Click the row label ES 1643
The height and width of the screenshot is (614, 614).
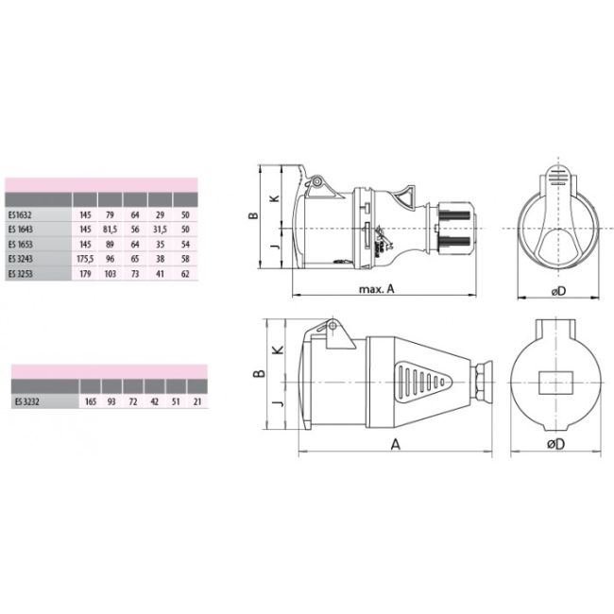(20, 230)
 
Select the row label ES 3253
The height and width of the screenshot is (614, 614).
(20, 273)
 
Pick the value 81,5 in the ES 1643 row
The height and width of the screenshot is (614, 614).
(111, 230)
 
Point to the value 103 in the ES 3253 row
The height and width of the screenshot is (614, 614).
(110, 273)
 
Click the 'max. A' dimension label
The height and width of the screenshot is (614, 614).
(376, 290)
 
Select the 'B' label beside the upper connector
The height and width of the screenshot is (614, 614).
(252, 215)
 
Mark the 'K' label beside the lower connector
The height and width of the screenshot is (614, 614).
(275, 350)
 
